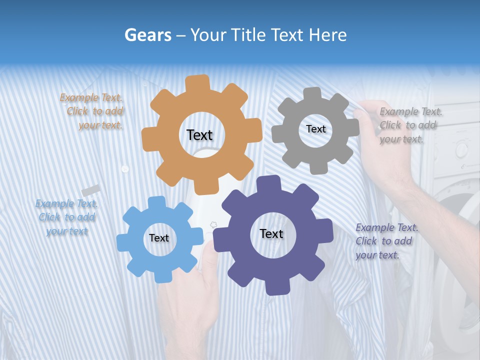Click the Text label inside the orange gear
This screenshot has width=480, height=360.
199,135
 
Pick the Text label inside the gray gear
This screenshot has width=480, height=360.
315,129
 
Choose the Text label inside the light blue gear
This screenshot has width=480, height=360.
158,238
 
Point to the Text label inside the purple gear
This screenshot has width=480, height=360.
271,234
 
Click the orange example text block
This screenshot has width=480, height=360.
93,111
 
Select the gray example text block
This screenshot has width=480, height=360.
410,125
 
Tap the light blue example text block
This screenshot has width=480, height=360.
66,217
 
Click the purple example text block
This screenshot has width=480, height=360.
386,241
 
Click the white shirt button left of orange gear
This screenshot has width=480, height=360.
125,169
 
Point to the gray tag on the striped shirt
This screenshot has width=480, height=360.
91,190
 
